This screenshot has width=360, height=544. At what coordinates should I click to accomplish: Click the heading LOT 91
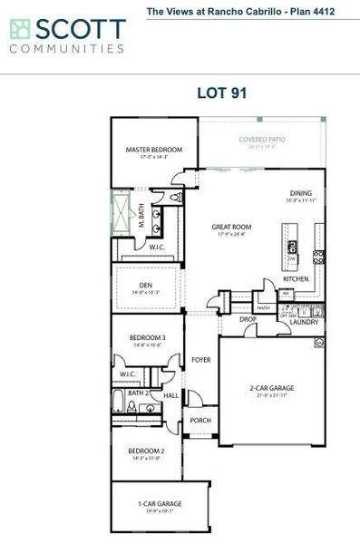[x=222, y=92]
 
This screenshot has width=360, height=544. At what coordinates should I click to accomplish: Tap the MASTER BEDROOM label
[x=153, y=150]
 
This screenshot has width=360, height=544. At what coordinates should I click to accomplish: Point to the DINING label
[x=300, y=193]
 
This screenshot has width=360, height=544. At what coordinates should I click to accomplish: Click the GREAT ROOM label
[x=231, y=227]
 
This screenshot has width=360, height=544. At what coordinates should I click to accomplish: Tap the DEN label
[x=145, y=286]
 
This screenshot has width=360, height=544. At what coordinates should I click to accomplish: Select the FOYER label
[x=201, y=360]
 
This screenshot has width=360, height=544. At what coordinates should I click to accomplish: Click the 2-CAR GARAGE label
[x=271, y=387]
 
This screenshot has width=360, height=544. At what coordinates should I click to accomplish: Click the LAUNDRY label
[x=302, y=321]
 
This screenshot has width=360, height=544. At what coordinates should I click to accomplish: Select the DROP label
[x=248, y=319]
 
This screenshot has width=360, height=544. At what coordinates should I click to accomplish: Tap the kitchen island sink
[x=292, y=247]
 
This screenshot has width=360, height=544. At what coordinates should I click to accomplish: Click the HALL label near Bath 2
[x=170, y=395]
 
